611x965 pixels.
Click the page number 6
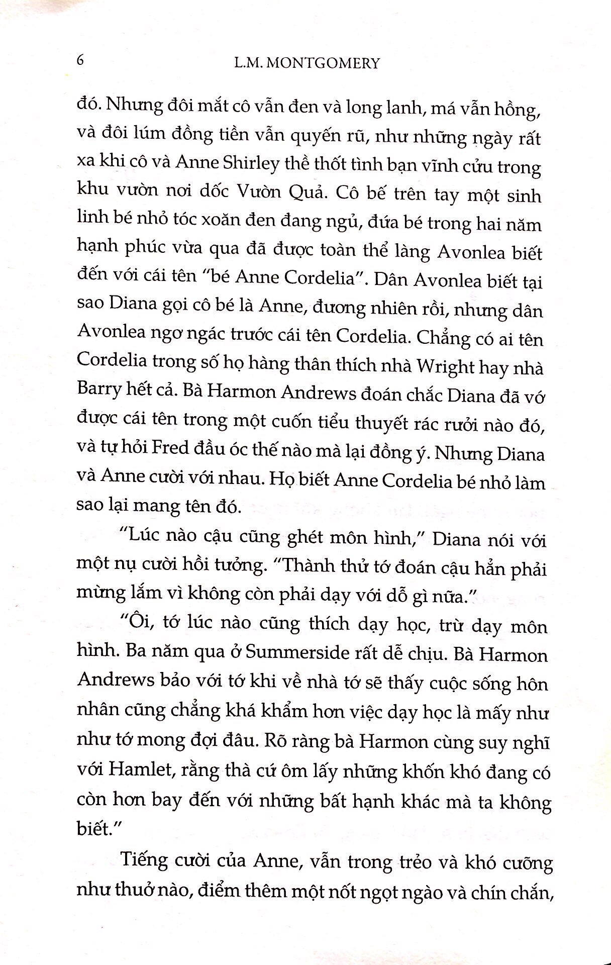click(x=80, y=61)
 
